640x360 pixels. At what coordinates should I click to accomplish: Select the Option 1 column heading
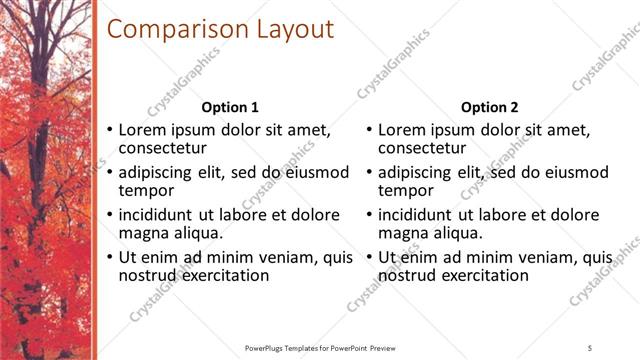tap(230, 107)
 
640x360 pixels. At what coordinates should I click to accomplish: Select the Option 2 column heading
tap(490, 107)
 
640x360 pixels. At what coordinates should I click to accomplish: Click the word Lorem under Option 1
tap(143, 130)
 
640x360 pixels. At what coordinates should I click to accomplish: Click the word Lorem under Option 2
tap(403, 130)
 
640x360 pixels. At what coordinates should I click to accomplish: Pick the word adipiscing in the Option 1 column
tap(160, 172)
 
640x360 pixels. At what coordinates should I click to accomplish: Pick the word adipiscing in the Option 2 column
tap(420, 172)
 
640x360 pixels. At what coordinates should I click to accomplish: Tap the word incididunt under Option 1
tap(161, 215)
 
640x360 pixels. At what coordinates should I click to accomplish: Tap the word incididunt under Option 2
tap(421, 215)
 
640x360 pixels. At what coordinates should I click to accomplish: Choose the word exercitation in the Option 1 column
tap(224, 275)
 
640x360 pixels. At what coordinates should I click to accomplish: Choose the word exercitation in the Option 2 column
tap(484, 275)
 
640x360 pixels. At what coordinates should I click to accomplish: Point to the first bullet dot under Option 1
tap(109, 131)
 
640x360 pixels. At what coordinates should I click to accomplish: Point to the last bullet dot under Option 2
tap(369, 258)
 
